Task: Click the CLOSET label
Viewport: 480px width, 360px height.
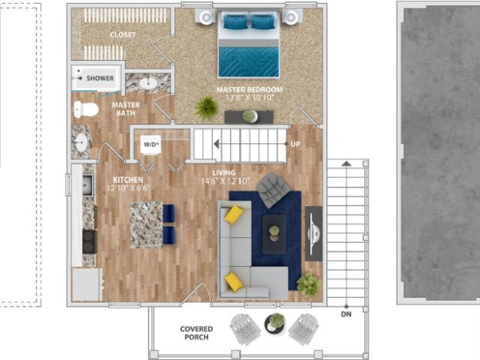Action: tap(123, 34)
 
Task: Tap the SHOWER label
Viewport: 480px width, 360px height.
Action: tap(100, 78)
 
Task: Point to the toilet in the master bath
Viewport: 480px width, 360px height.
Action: tap(86, 109)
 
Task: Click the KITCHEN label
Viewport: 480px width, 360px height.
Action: tap(128, 180)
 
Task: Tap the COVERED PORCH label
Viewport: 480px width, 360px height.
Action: tap(196, 333)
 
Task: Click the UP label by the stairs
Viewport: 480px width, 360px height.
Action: tap(295, 144)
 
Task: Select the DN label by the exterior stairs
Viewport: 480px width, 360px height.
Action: tap(346, 313)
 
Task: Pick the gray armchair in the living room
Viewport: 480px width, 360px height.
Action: tap(271, 189)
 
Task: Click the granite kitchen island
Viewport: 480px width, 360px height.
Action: tap(145, 225)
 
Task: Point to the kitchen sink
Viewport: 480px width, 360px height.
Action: tap(87, 184)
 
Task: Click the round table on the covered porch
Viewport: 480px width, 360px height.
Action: tap(275, 322)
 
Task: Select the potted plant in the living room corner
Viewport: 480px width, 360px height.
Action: tap(307, 284)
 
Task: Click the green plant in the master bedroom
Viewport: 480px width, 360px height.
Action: tap(206, 108)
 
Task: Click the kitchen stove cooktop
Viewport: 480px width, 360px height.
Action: tap(88, 241)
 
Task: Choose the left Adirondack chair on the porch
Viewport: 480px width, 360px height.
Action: tap(244, 328)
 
